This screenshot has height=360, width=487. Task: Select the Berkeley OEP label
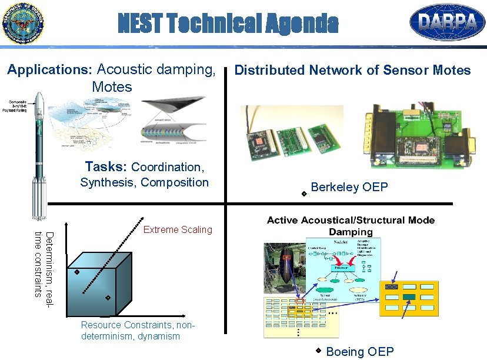[349, 187]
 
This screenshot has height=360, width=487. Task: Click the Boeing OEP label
[359, 352]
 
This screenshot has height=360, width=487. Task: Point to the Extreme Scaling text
[178, 229]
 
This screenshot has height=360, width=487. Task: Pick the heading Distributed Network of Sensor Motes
[352, 70]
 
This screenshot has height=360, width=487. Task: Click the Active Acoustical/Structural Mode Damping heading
[351, 226]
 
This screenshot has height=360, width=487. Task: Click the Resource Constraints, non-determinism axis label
[137, 331]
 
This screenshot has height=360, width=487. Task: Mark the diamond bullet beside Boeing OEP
[318, 351]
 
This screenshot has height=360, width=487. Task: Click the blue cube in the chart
[98, 282]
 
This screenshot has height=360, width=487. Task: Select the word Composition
[175, 182]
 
